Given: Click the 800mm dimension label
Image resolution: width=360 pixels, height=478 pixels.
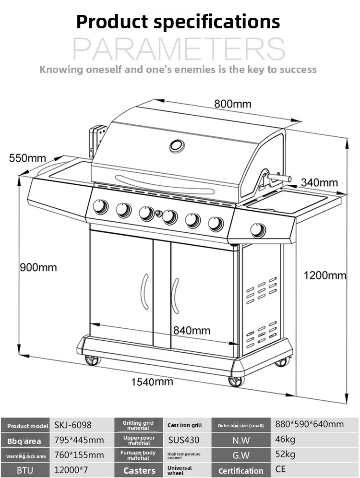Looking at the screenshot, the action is (233, 104).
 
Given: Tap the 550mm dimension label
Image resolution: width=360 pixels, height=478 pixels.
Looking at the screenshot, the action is (27, 158).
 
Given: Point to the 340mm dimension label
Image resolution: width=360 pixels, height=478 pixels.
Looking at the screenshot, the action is (320, 182).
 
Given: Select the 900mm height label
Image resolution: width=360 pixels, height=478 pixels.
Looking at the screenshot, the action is (38, 267).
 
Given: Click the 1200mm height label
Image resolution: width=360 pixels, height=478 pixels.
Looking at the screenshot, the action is (325, 275).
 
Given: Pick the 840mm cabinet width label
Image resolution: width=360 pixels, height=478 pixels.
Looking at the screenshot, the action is (192, 331).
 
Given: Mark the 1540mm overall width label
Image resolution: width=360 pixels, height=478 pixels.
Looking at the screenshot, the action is (152, 382).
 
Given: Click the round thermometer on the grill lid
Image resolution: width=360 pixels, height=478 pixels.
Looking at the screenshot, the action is (177, 146).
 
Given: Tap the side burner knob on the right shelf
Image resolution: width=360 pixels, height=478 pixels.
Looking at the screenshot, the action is (258, 230).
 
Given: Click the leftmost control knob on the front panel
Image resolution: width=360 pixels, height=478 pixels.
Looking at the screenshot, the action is (100, 207).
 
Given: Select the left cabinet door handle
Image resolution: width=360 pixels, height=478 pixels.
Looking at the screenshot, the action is (145, 292).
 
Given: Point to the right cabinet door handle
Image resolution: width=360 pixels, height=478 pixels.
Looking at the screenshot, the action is (175, 296).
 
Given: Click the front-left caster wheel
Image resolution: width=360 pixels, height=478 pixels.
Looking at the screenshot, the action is (92, 360).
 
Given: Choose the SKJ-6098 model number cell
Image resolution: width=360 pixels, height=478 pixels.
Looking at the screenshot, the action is (73, 425).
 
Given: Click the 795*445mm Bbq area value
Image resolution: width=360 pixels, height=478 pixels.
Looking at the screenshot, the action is (79, 440).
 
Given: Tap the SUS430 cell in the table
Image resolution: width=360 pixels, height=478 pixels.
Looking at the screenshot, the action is (183, 440).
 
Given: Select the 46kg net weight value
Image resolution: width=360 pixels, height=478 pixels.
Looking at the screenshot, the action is (285, 439).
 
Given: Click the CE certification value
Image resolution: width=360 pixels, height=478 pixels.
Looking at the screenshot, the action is (280, 469).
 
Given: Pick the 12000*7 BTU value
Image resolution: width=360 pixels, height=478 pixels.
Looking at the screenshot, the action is (71, 470).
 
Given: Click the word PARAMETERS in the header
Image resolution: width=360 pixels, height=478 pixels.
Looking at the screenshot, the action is (179, 49).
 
